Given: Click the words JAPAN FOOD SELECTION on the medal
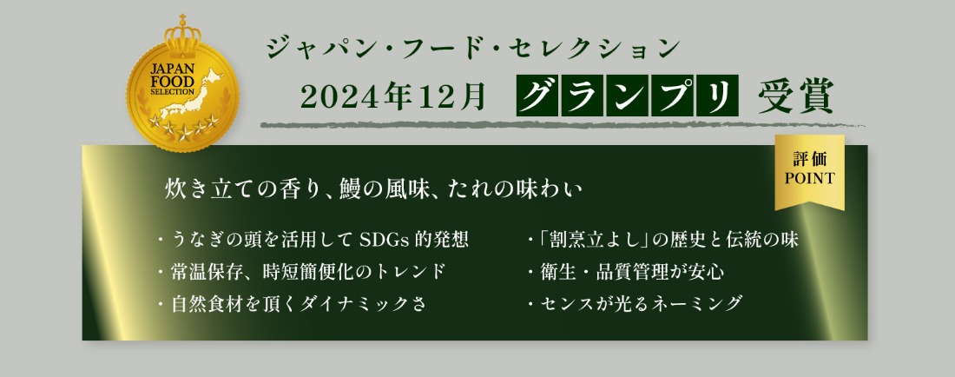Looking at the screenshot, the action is click(173, 78).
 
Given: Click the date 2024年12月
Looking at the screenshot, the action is click(392, 96).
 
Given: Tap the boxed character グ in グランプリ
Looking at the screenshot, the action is click(537, 96).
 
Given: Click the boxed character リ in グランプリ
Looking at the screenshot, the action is click(717, 96).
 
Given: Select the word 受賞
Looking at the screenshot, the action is click(795, 96).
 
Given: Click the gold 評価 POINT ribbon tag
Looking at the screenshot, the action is click(809, 170).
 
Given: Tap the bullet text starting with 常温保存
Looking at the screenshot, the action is click(308, 271).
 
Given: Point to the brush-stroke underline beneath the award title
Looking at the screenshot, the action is click(562, 125).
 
